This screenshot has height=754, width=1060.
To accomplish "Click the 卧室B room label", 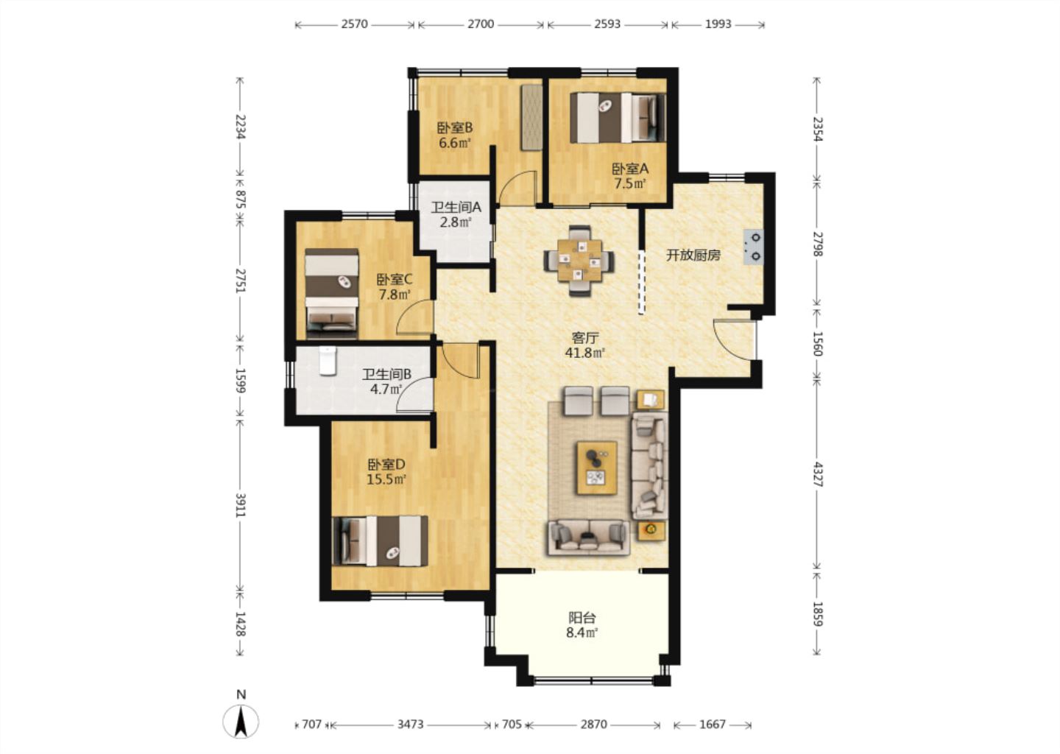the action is coord(454,128).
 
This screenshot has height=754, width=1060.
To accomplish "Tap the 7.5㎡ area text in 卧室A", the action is coord(630,183).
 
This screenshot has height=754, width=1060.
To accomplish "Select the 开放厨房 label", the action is coord(693,256).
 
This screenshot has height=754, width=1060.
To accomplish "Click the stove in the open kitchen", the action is coord(753,247).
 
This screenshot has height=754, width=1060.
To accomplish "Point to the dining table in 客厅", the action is coord(580,261).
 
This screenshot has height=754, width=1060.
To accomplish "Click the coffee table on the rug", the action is coord(597,468).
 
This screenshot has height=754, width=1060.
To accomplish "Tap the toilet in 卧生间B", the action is coord(328,361).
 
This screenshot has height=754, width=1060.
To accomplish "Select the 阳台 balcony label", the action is coord(582,618).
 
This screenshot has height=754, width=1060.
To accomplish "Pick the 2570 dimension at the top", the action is coord(355,24).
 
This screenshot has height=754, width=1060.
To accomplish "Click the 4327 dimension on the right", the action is coord(817,475).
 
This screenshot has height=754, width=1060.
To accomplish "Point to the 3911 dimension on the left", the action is coord(241,505).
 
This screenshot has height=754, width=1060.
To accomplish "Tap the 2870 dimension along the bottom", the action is coord(593,725).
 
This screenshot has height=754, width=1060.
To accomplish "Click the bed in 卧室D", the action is coord(381,541).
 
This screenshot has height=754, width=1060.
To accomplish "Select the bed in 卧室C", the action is coord(331,294).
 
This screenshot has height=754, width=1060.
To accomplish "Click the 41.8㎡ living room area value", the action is coord(585,353).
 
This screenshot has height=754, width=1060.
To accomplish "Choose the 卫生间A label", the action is coord(456,208).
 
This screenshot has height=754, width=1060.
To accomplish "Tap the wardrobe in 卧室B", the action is coord(532,118).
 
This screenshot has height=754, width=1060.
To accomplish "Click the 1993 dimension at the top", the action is coord(718,24).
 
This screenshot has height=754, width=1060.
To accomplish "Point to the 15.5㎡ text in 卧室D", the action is coord(386,479).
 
